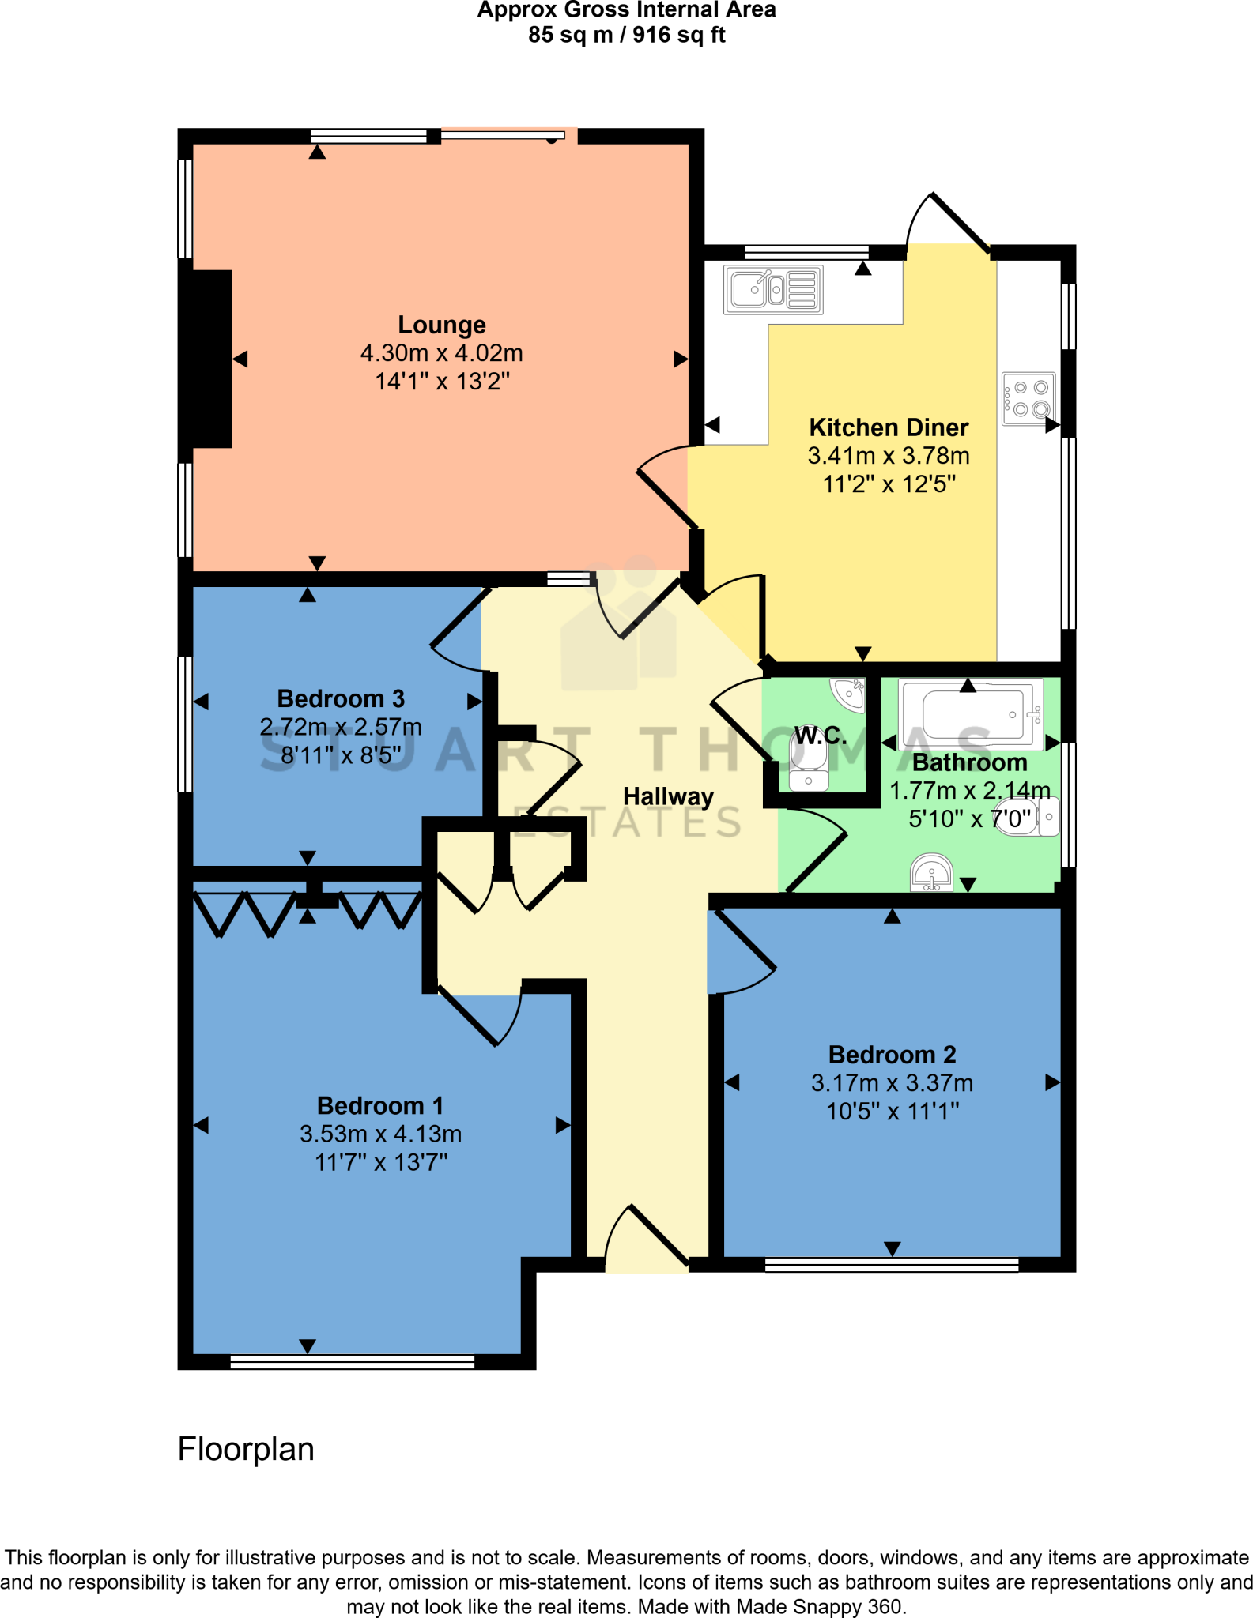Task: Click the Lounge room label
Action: point(441,325)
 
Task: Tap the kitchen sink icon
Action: point(773,289)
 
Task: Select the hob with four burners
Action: point(1028,398)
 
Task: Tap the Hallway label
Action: point(668,796)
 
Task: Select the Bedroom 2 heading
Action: point(892,1055)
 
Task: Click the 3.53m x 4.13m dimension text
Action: point(380,1134)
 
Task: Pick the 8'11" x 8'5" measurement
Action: point(341,755)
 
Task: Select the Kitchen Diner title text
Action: point(889,427)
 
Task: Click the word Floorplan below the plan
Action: point(246,1449)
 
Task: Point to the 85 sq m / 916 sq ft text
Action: point(626,35)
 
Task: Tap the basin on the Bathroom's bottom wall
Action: point(931,873)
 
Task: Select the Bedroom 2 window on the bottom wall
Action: point(892,1265)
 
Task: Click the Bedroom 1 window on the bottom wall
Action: point(352,1361)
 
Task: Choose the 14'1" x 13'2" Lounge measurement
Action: point(441,382)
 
